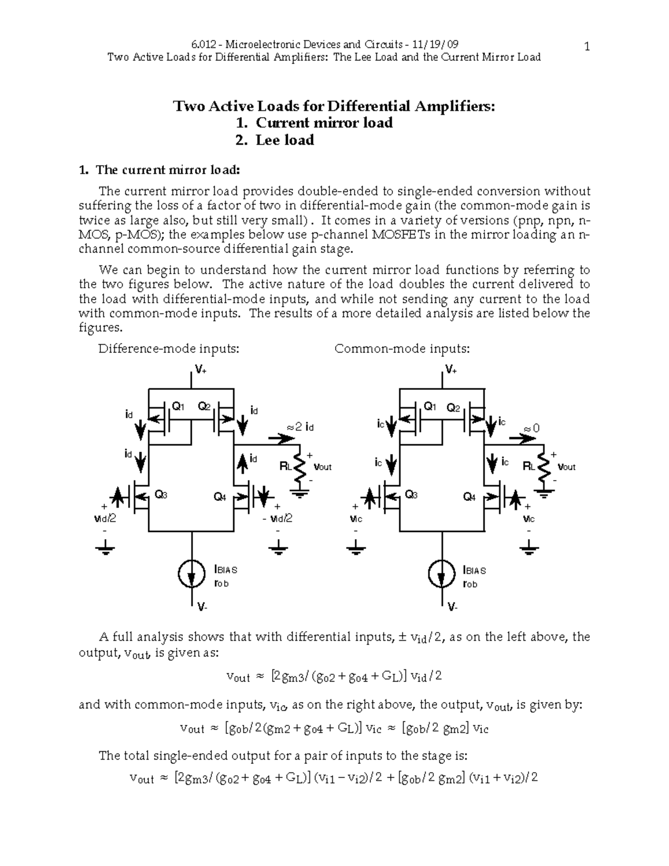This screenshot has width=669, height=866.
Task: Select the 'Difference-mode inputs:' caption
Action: click(169, 349)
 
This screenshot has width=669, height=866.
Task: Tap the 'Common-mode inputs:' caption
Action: click(402, 349)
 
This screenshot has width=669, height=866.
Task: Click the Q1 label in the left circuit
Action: click(178, 407)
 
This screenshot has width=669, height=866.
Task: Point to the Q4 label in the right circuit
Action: click(470, 497)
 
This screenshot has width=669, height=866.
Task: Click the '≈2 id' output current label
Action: click(300, 427)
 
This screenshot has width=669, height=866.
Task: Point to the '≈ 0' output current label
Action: click(532, 428)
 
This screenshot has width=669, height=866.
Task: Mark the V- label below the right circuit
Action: click(452, 607)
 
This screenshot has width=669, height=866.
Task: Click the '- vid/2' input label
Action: click(277, 519)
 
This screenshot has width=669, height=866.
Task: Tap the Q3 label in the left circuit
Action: click(161, 494)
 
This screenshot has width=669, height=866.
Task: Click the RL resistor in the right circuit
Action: click(546, 467)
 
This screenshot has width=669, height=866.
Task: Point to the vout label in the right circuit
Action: click(566, 467)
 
